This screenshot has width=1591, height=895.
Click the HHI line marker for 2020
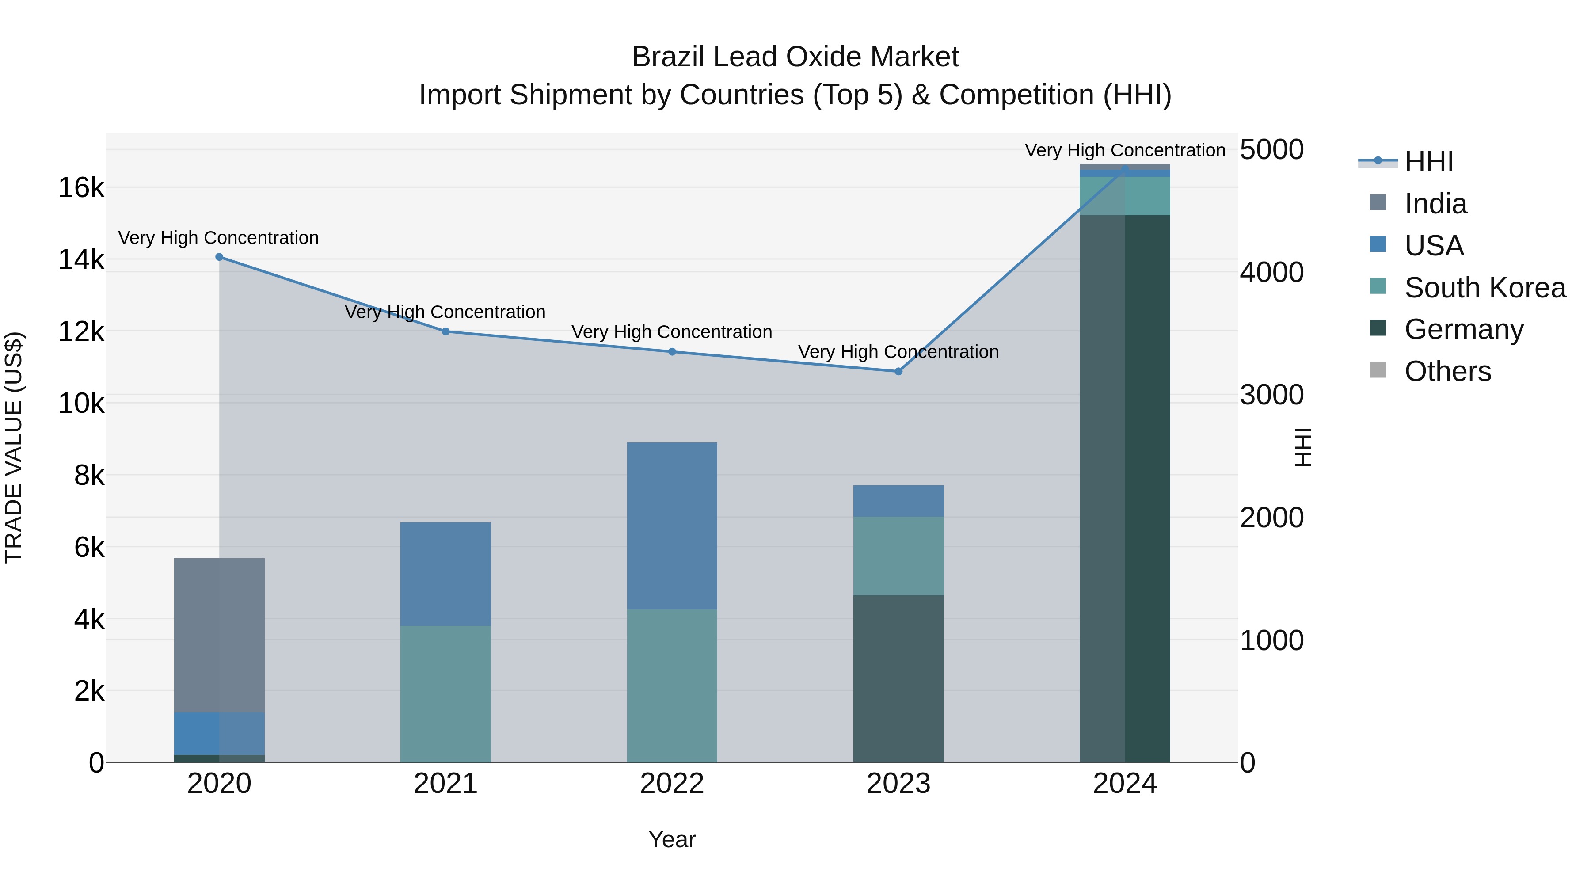tap(219, 257)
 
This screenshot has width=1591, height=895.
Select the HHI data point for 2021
tap(446, 331)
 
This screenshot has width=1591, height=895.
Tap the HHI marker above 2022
tap(672, 352)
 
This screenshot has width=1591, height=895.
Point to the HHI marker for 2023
tap(898, 371)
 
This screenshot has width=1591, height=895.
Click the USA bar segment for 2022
tap(672, 526)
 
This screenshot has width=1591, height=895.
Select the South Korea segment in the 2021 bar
tap(446, 693)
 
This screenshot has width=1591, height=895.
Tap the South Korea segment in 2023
tap(898, 556)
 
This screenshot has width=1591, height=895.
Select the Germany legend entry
tap(1463, 329)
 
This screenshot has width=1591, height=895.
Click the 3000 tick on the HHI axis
tap(1271, 395)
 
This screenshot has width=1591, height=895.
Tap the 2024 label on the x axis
tap(1125, 784)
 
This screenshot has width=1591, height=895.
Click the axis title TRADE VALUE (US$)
tap(14, 447)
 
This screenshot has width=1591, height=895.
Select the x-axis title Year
tap(672, 839)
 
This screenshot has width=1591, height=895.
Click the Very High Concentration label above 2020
tap(219, 238)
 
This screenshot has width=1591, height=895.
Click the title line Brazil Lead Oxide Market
tap(795, 57)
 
